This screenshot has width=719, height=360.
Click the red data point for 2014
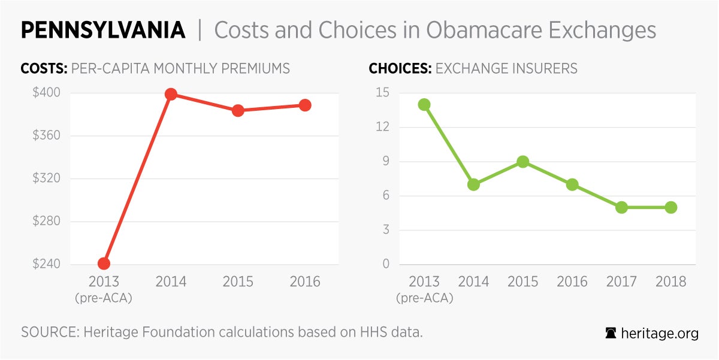pos(171,94)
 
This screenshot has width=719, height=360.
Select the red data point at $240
pos(104,264)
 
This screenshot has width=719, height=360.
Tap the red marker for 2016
pos(305,105)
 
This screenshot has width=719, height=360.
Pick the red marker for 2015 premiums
pos(238,110)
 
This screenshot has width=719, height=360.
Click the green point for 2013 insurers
pos(424,105)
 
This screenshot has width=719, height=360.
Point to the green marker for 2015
pos(522,162)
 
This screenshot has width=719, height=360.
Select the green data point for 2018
pos(671,207)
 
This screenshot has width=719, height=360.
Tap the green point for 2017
pos(621,207)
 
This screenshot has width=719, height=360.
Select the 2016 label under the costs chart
pos(305,282)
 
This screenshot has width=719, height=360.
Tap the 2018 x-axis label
pos(671,282)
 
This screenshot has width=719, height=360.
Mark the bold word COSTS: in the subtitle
pos(44,68)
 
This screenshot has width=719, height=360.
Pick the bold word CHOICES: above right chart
pos(400,68)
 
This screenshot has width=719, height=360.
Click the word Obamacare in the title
pos(470,31)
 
